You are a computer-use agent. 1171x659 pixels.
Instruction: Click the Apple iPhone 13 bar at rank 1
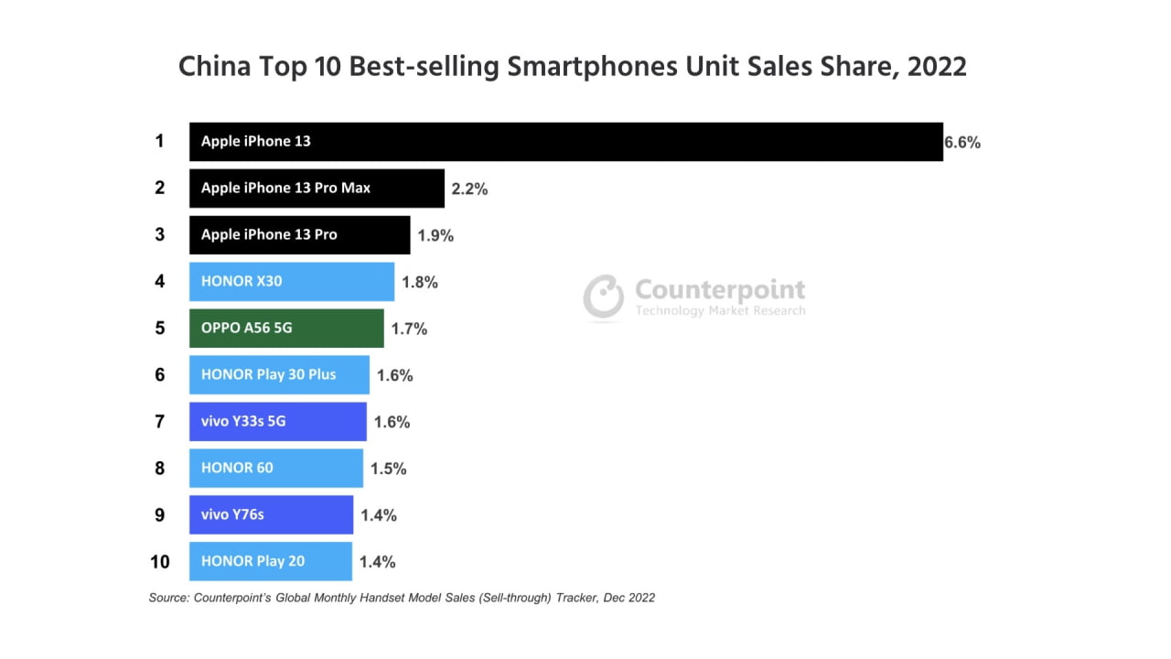pos(565,142)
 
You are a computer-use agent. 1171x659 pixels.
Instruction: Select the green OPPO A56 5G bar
pos(286,328)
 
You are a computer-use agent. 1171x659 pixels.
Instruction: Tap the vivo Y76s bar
pos(271,514)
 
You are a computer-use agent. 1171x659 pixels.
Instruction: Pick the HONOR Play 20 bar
pos(270,561)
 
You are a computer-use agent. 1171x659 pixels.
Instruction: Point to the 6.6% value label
pos(962,142)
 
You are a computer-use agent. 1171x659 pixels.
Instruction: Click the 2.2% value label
pos(469,189)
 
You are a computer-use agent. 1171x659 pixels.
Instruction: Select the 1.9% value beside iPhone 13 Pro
pos(435,235)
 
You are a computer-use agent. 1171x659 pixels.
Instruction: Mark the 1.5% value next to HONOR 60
pos(388,469)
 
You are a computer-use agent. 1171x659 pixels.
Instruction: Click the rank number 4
pos(159,282)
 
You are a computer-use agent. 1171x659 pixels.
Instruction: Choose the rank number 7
pos(159,422)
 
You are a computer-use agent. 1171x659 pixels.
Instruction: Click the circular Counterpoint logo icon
pos(604,297)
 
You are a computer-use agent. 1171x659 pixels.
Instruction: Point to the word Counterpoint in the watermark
pos(720,290)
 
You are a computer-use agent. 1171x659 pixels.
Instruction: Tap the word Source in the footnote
pos(168,598)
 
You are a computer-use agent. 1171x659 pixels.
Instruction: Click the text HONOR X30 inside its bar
pos(242,281)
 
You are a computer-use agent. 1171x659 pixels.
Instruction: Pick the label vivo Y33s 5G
pos(243,421)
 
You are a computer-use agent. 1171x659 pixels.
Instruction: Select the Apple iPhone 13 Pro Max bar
pos(317,189)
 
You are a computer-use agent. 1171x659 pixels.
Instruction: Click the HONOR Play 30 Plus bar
pos(279,374)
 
